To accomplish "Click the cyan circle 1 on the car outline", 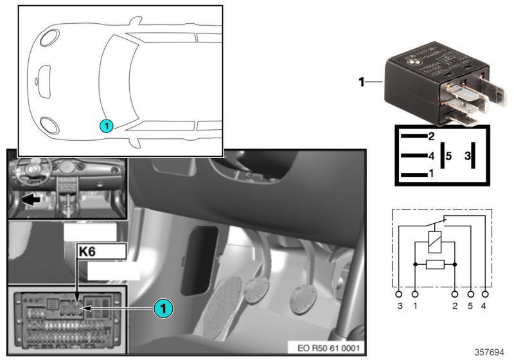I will pyautogui.click(x=107, y=126).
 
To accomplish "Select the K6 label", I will pyautogui.click(x=89, y=252).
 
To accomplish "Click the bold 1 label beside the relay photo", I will pyautogui.click(x=361, y=82).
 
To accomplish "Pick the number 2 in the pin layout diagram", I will pyautogui.click(x=431, y=136).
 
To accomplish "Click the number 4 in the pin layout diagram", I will pyautogui.click(x=431, y=156).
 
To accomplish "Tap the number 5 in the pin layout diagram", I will pyautogui.click(x=449, y=156).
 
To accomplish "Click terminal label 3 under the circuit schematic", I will pyautogui.click(x=400, y=307).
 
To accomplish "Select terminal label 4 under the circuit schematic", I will pyautogui.click(x=484, y=307).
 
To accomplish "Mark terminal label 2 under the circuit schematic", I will pyautogui.click(x=454, y=307).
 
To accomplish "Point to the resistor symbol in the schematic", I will pyautogui.click(x=434, y=264).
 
